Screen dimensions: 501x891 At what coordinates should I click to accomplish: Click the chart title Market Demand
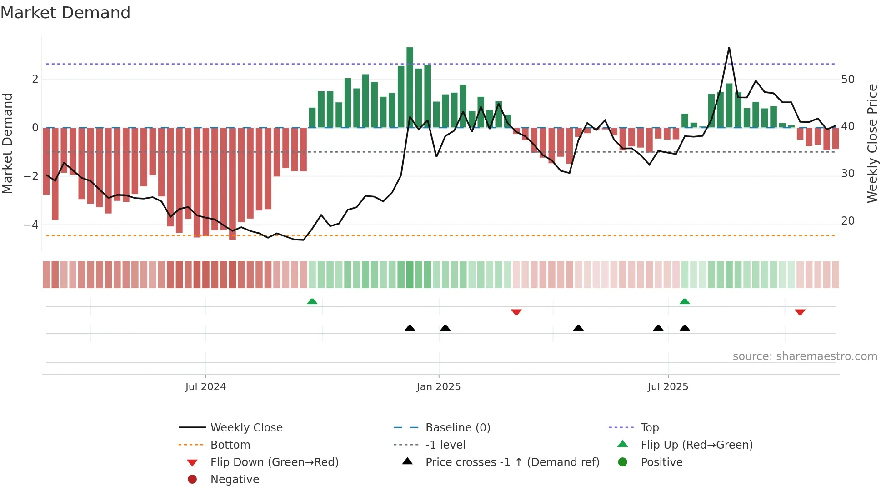click(x=65, y=13)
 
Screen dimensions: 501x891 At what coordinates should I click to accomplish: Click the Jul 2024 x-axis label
click(x=205, y=387)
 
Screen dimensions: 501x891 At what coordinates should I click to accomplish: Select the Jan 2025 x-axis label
click(x=439, y=387)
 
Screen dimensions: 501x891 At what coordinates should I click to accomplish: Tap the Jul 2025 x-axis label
click(x=668, y=387)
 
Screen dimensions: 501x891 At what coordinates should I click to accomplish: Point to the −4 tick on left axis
click(x=31, y=225)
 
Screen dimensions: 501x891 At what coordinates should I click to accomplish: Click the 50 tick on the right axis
click(x=848, y=80)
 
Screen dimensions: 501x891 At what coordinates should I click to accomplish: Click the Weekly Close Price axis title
click(x=872, y=143)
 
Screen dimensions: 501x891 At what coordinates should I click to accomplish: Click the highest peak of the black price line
click(x=729, y=48)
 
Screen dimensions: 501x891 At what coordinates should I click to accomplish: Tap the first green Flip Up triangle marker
click(x=312, y=301)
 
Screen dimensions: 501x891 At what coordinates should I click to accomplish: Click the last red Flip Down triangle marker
click(x=800, y=312)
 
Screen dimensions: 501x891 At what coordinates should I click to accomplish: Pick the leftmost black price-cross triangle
click(x=410, y=328)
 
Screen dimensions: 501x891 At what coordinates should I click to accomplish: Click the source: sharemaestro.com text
click(x=805, y=356)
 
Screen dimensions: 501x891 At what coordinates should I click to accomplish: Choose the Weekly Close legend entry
click(x=246, y=428)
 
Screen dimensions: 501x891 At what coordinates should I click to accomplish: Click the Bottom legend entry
click(x=230, y=445)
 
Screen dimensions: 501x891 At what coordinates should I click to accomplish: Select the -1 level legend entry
click(x=445, y=445)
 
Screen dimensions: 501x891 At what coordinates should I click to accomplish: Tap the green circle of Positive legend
click(x=623, y=462)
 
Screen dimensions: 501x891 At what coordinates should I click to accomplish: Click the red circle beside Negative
click(x=192, y=479)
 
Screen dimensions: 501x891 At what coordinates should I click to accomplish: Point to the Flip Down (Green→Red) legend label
click(x=274, y=462)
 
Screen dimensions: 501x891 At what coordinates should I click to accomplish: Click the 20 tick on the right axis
click(x=848, y=221)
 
